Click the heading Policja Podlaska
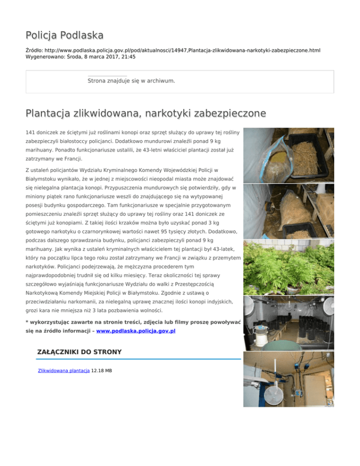pos(65,35)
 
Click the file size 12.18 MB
pos(102,370)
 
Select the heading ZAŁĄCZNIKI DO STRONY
pos(79,352)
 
